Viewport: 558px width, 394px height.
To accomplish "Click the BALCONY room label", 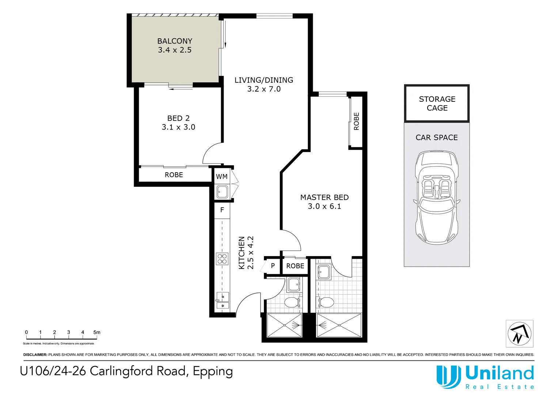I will coord(175,41).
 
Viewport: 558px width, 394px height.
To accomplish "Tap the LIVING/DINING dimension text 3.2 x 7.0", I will coord(264,89).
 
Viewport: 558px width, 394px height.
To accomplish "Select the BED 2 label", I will coord(178,118).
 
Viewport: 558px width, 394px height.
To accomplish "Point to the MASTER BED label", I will coord(324,197).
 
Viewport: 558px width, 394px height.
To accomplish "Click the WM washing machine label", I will coord(221,177).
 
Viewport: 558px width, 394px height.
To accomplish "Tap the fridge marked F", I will coord(222,210).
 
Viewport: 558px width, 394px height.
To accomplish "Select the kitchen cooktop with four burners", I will coord(222,259).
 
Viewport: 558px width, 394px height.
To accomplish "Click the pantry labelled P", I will coord(273,266).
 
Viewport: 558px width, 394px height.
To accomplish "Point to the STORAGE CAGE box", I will coord(437,104).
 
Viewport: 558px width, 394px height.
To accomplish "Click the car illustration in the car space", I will coord(436,197).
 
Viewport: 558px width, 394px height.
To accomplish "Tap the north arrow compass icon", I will coord(519,333).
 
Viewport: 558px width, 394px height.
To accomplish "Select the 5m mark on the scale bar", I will coord(96,332).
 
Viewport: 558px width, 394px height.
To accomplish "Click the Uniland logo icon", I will coord(448,376).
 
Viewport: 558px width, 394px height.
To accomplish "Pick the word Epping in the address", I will coord(213,371).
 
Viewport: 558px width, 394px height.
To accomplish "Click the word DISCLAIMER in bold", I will coord(35,355).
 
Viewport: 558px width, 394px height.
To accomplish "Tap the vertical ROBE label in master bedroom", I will coord(356,121).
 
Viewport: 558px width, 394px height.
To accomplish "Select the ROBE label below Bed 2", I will coord(174,175).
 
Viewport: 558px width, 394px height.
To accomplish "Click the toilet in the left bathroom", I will coord(291,302).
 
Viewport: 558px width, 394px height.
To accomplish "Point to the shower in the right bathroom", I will coord(339,325).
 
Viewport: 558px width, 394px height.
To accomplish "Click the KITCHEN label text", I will coord(242,253).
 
